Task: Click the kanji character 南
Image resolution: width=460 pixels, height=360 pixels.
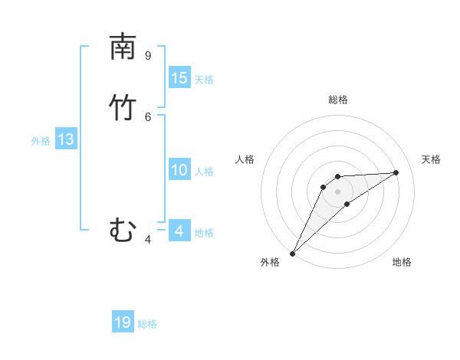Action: click(123, 47)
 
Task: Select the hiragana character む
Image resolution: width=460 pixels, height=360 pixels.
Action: click(123, 229)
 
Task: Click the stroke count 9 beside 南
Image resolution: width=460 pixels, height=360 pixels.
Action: click(147, 55)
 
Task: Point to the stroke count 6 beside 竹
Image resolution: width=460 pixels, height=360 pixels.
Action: click(147, 116)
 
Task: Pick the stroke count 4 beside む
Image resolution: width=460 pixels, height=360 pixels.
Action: click(147, 240)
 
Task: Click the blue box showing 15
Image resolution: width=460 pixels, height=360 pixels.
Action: click(179, 78)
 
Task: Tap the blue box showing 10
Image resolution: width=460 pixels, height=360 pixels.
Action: click(179, 171)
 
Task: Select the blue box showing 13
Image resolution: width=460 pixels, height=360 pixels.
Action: click(66, 139)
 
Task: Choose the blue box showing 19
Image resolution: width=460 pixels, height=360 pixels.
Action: click(123, 322)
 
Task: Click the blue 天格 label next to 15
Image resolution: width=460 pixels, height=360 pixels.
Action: click(204, 80)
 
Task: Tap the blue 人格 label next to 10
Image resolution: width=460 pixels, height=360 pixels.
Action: click(204, 172)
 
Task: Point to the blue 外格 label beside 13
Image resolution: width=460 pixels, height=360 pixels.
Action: click(41, 141)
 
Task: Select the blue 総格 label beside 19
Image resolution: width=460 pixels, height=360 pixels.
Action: click(147, 324)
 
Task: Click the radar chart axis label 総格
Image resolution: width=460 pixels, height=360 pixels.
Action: click(338, 100)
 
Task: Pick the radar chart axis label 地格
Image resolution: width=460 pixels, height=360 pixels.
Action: click(402, 262)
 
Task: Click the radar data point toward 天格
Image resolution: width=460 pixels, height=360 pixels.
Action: click(396, 172)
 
